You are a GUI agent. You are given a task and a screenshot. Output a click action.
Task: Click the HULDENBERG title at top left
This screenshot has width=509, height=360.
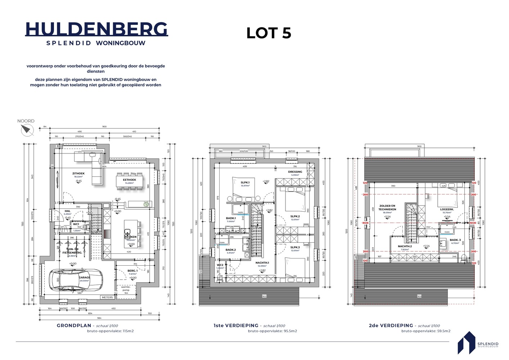[96, 29]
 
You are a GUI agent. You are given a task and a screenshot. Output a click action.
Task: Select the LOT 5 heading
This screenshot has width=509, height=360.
[269, 33]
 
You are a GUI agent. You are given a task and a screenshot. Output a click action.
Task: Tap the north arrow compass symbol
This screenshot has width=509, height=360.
[27, 130]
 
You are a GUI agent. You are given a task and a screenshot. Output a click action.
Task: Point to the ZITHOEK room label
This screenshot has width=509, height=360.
[78, 174]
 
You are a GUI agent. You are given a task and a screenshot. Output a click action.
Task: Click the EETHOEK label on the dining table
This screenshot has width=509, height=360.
[129, 180]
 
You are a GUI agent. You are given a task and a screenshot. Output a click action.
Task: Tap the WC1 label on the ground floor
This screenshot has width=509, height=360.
[76, 224]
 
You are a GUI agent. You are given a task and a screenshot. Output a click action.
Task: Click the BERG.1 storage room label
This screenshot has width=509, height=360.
[132, 271]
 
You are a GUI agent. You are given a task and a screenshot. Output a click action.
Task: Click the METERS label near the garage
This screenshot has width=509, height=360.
[107, 297]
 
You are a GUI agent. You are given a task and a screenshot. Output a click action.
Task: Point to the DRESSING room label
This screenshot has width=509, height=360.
[295, 172]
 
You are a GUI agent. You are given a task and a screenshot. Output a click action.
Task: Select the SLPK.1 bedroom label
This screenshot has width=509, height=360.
[245, 183]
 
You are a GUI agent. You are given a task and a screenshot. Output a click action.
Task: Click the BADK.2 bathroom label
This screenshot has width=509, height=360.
[231, 249]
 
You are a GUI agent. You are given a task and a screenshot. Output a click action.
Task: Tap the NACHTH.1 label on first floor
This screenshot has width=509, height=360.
[262, 263]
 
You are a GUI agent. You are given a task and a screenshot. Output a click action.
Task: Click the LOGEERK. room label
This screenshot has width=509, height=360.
[447, 209]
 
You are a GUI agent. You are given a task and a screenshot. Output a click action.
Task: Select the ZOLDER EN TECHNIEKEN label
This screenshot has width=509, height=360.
[387, 208]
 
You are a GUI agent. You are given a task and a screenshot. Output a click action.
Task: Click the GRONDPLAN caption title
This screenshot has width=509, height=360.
[74, 325]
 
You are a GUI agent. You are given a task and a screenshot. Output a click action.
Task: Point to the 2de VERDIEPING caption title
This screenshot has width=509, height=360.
[392, 325]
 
